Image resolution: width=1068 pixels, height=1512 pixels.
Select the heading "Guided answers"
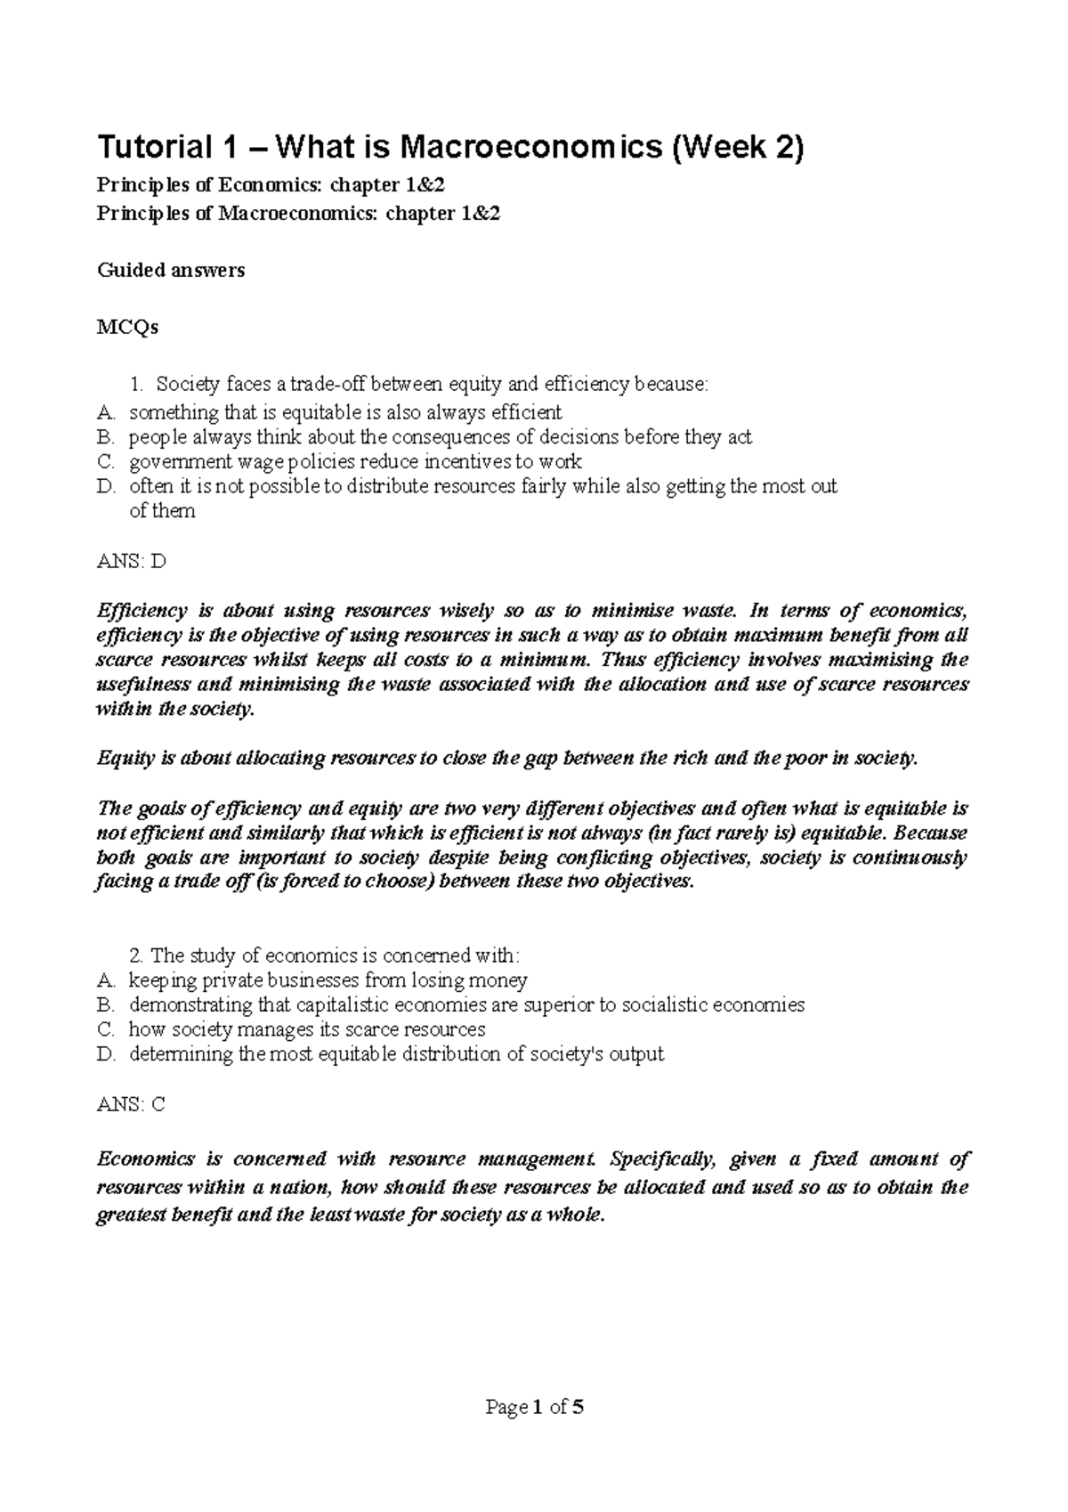170,270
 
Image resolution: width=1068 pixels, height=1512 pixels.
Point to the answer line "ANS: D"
131,562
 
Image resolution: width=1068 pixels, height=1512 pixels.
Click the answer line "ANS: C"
131,1104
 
